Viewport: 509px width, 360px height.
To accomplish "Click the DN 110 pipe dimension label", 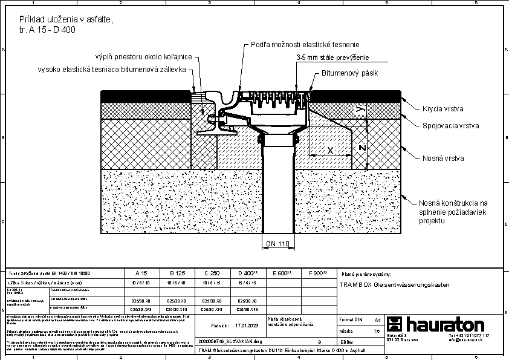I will pyautogui.click(x=278, y=244).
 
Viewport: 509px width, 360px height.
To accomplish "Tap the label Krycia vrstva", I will pyautogui.click(x=443, y=109).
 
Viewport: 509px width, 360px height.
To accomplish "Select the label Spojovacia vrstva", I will pyautogui.click(x=450, y=126).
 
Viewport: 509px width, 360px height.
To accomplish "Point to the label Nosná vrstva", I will pyautogui.click(x=443, y=158).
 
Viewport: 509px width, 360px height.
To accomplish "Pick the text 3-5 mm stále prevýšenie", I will pyautogui.click(x=332, y=57).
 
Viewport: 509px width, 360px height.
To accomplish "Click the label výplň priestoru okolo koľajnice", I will pyautogui.click(x=143, y=56).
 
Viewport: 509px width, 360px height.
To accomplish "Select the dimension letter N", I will pyautogui.click(x=361, y=148).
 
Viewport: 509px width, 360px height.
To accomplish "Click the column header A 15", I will pyautogui.click(x=141, y=273).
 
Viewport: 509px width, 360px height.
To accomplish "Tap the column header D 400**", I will pyautogui.click(x=248, y=273).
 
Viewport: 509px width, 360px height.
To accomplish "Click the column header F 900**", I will pyautogui.click(x=318, y=273).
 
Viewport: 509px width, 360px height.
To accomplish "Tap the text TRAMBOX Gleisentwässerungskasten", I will pyautogui.click(x=395, y=284).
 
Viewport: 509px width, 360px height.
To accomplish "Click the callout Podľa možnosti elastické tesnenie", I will pyautogui.click(x=305, y=44).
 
